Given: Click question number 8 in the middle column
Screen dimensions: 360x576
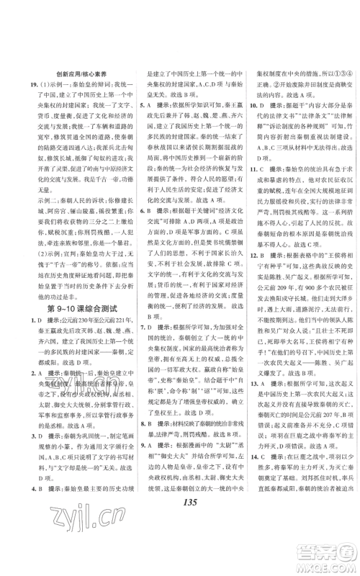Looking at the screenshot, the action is point(140,463).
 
